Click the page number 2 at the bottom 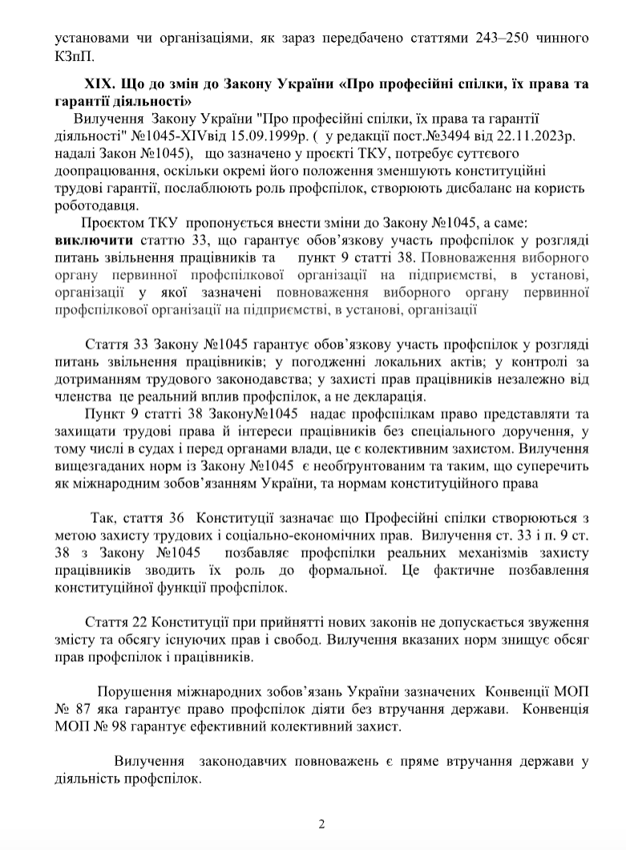point(321,824)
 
